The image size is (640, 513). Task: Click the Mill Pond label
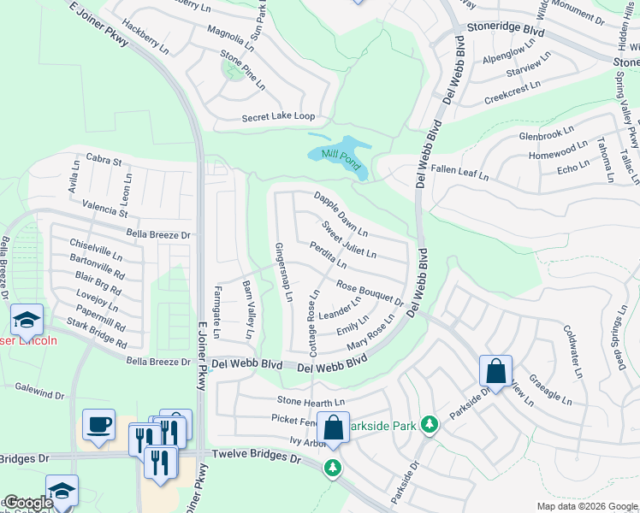[x=329, y=154]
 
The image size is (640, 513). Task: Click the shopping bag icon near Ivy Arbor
[x=333, y=427]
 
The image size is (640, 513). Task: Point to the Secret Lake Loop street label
[x=266, y=116]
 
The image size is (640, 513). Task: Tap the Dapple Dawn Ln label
[x=341, y=214]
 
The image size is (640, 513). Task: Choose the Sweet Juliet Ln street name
[x=348, y=239]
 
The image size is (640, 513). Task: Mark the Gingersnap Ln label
[x=283, y=273]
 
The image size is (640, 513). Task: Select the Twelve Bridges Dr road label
[x=257, y=458]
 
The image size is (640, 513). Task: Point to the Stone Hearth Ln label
[x=311, y=401]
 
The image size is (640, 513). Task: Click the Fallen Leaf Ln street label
[x=459, y=174]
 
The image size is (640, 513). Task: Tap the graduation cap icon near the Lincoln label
[x=27, y=321]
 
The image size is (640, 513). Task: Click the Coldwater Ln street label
[x=572, y=351]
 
